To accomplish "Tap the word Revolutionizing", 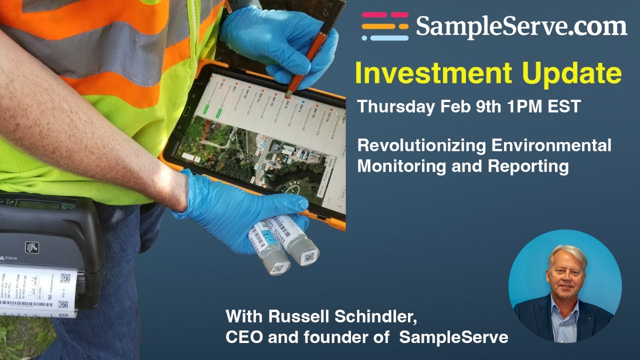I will [421, 146].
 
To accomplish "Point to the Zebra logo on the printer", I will [32, 247].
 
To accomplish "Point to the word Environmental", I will [551, 146].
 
